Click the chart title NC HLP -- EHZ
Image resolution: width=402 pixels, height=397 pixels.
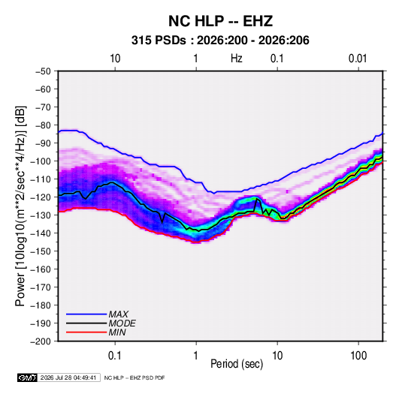click(220, 21)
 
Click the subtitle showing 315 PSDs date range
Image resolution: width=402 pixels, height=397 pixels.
click(220, 41)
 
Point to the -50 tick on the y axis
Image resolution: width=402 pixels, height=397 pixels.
click(43, 71)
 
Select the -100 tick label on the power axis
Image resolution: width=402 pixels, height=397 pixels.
click(41, 161)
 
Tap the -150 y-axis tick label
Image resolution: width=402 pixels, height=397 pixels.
click(41, 251)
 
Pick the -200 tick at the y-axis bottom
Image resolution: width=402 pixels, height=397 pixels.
click(41, 341)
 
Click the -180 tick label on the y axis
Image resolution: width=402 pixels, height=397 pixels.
click(41, 305)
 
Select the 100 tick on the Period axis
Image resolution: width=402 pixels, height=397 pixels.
click(358, 356)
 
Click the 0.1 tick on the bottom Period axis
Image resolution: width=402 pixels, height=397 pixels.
click(115, 356)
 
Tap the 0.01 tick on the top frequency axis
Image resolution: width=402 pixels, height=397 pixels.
click(358, 59)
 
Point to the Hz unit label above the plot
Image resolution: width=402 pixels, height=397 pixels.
click(237, 59)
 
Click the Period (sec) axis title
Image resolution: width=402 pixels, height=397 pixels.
click(237, 364)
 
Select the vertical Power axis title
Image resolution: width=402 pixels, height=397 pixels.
click(20, 206)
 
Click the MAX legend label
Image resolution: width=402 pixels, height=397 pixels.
click(118, 314)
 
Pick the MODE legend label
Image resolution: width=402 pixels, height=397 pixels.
click(122, 323)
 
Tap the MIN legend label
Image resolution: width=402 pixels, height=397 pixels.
click(117, 332)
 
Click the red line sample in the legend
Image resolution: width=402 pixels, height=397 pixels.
click(86, 332)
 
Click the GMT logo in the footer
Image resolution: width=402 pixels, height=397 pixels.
click(27, 377)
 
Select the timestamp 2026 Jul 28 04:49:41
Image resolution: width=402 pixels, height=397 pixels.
click(68, 377)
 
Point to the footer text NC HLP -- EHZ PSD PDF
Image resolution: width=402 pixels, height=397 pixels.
click(135, 377)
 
